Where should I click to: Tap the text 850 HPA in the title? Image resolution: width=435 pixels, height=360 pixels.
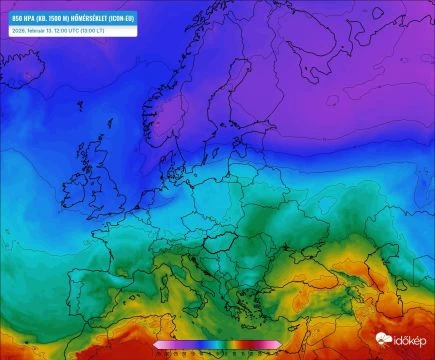23,18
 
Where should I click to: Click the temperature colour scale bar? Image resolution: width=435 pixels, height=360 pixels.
217,345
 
